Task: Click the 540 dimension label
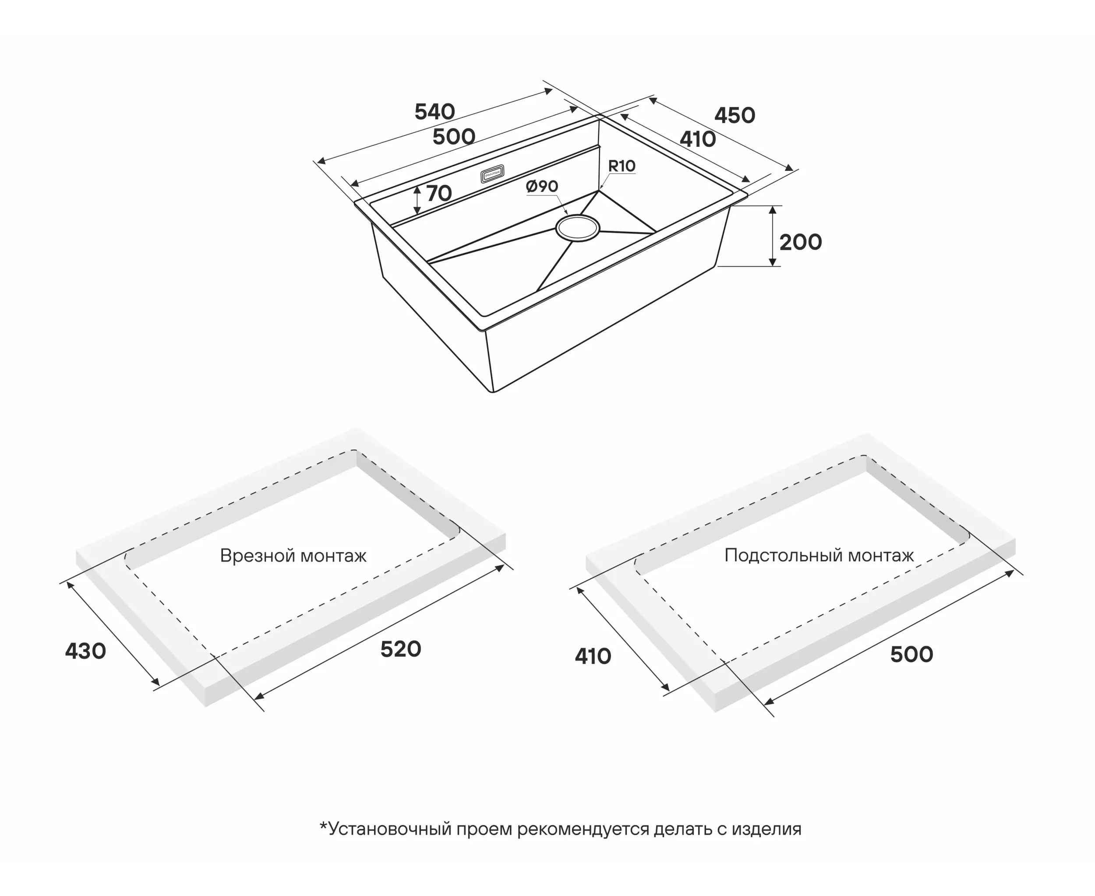434,111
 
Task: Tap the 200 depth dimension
800,242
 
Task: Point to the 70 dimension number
439,194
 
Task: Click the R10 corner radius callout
622,166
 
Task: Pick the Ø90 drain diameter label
542,186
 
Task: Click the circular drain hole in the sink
578,228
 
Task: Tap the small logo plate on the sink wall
492,174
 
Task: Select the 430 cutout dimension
86,652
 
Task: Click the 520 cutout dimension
401,649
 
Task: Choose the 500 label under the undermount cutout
912,655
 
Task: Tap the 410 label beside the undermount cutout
593,656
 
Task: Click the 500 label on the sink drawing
454,137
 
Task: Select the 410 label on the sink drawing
698,139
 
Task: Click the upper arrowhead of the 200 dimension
773,209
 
